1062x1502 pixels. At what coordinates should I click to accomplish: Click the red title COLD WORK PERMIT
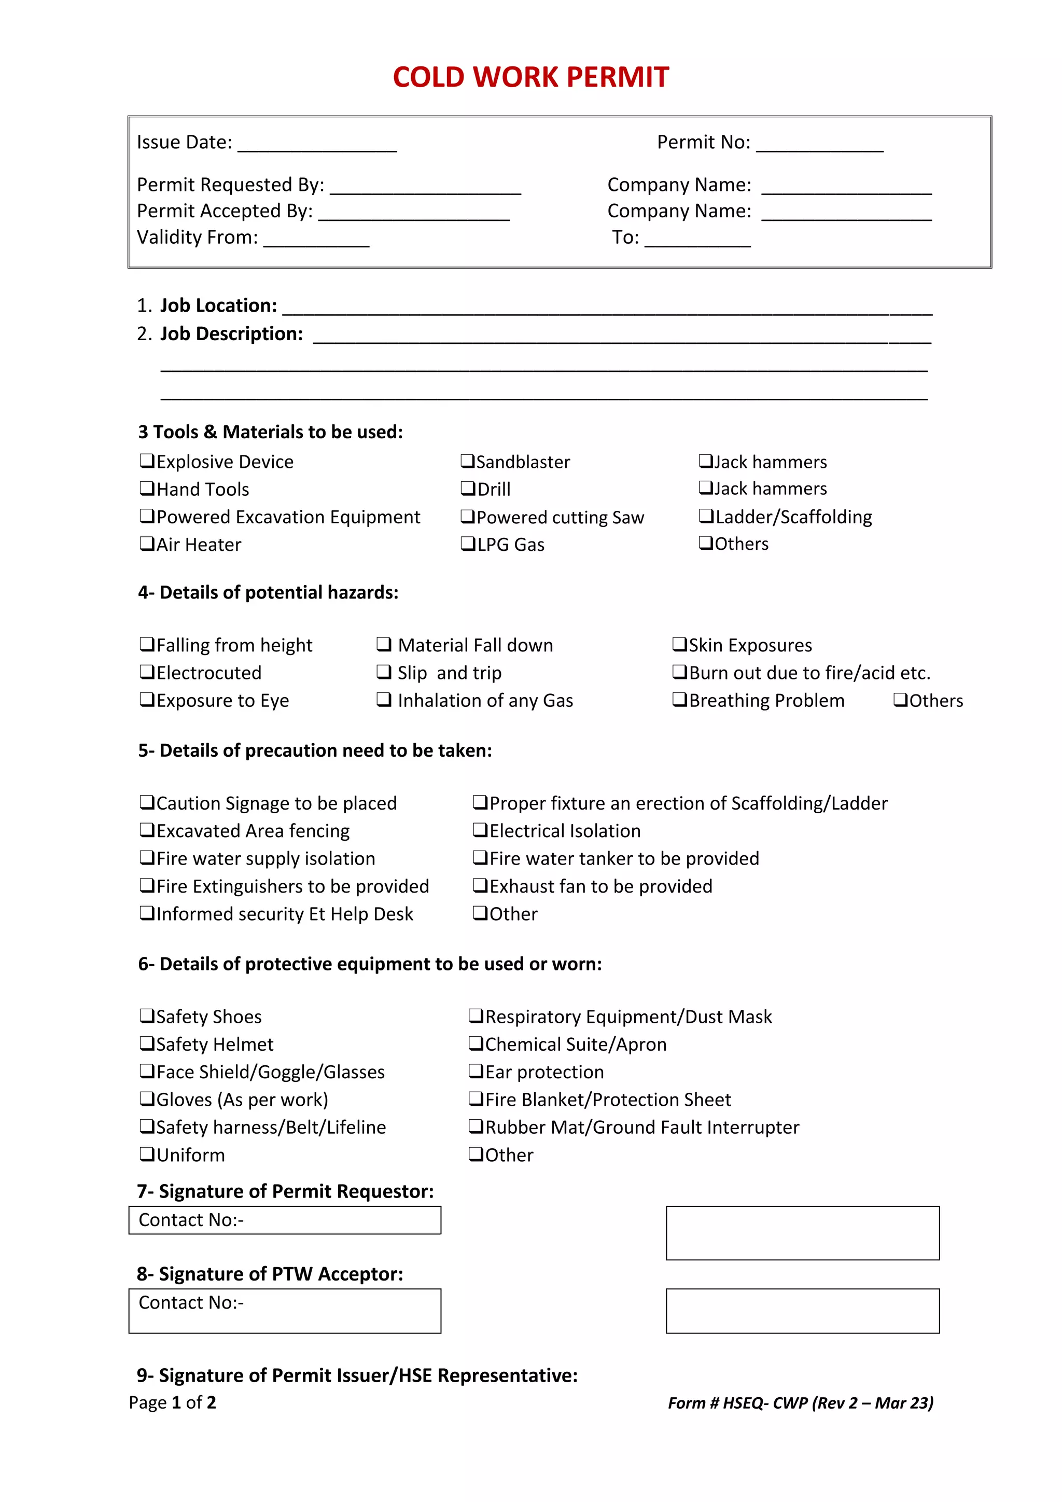pyautogui.click(x=530, y=77)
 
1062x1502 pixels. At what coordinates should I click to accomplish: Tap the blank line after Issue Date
pyautogui.click(x=317, y=145)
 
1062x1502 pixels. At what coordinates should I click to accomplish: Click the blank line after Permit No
pyautogui.click(x=819, y=145)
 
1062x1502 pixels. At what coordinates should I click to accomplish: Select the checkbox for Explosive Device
pyautogui.click(x=146, y=461)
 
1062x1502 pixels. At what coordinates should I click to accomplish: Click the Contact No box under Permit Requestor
pyautogui.click(x=285, y=1220)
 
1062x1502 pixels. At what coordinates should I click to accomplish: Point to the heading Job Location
pyautogui.click(x=218, y=305)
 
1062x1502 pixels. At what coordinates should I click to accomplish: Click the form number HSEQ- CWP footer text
pyautogui.click(x=801, y=1402)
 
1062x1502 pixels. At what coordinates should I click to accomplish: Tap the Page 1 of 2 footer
pyautogui.click(x=173, y=1402)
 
